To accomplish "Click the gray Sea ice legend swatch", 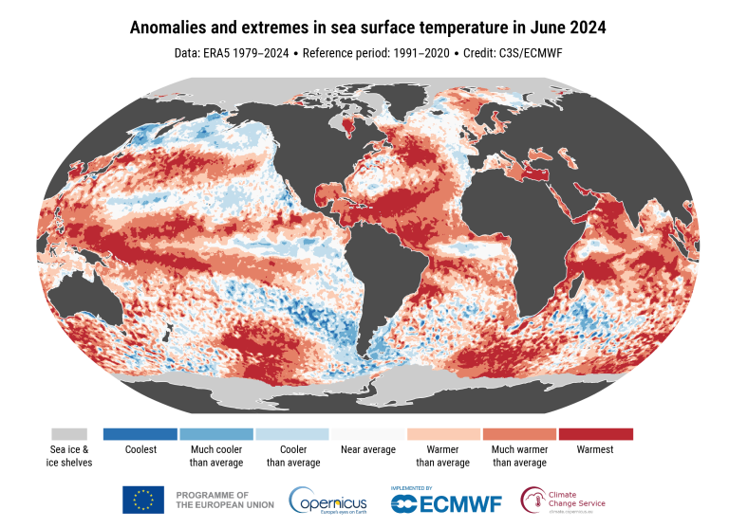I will [69, 434].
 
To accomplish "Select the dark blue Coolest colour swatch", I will [140, 434].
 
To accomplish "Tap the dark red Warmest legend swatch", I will [595, 434].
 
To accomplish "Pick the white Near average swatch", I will [367, 434].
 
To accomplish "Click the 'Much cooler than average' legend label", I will [215, 456].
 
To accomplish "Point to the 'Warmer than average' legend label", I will [443, 456].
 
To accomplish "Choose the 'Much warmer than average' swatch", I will [519, 434].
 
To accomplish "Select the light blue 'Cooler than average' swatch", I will [291, 434].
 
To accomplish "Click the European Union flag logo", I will [141, 499].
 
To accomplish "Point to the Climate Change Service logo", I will [563, 499].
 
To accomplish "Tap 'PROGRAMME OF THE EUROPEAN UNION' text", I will [215, 500].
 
